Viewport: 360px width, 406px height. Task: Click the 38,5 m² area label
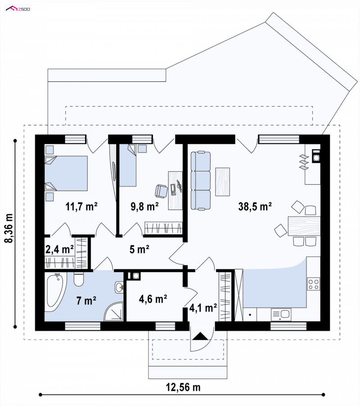click(255, 206)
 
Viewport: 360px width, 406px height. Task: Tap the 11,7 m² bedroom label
click(81, 206)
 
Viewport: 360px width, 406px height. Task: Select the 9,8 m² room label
click(144, 206)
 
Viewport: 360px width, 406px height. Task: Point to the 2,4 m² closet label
click(59, 249)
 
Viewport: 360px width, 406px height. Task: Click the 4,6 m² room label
click(153, 299)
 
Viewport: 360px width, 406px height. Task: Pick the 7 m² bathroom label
click(86, 301)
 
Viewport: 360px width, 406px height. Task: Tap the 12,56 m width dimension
click(183, 387)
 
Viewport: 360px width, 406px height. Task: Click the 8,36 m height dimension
click(9, 228)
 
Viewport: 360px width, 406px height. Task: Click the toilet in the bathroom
click(79, 279)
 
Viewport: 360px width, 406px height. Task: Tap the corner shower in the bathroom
click(114, 312)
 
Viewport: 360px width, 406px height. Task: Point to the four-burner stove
click(313, 284)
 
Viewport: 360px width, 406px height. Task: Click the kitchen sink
click(281, 314)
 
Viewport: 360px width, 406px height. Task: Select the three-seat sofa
click(201, 180)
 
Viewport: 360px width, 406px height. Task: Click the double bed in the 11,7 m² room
click(66, 174)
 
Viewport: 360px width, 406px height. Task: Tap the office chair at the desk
click(162, 191)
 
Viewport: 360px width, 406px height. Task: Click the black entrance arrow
click(201, 336)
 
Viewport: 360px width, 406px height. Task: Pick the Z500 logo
click(18, 9)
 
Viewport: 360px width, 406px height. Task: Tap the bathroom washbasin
click(119, 287)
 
